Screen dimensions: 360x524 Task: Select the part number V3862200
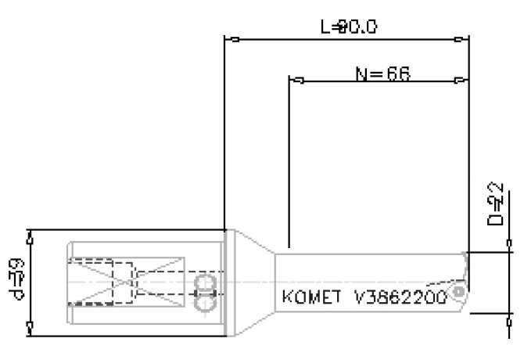(x=400, y=298)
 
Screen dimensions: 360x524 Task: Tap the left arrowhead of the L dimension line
(x=231, y=38)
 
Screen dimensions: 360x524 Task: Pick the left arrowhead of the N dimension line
(x=296, y=81)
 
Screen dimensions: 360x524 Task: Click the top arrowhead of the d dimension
(x=30, y=234)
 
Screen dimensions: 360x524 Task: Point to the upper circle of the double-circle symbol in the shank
(x=204, y=282)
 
